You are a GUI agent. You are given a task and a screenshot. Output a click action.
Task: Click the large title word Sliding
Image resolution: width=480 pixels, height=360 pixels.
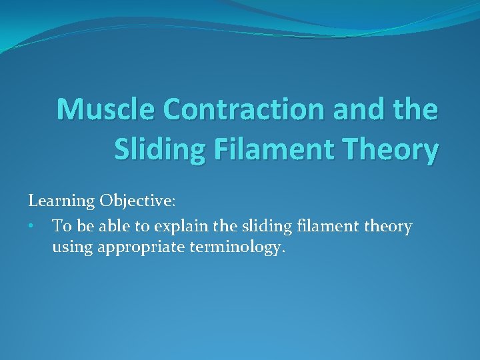[x=159, y=149]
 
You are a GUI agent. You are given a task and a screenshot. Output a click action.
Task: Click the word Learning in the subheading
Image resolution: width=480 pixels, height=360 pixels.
[x=61, y=201]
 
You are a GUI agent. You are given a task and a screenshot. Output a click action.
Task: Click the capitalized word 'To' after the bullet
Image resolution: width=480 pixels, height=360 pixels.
[x=61, y=226]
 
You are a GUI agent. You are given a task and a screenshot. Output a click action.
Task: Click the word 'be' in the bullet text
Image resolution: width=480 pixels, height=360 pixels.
[x=83, y=226]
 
